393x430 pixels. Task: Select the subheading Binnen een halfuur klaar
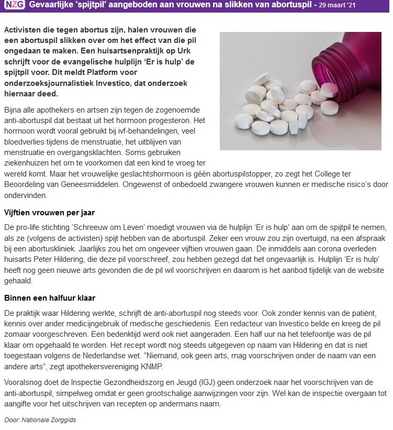pos(50,298)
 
